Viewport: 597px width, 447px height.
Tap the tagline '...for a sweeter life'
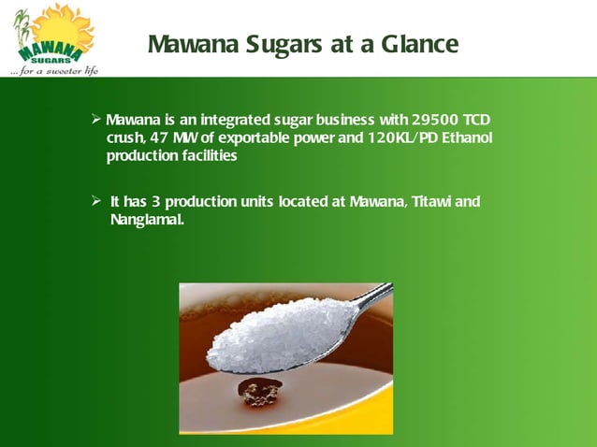[x=53, y=70]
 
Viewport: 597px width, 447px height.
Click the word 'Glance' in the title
[x=417, y=44]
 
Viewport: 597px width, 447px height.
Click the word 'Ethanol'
[x=462, y=138]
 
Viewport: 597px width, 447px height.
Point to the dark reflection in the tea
[x=258, y=393]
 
